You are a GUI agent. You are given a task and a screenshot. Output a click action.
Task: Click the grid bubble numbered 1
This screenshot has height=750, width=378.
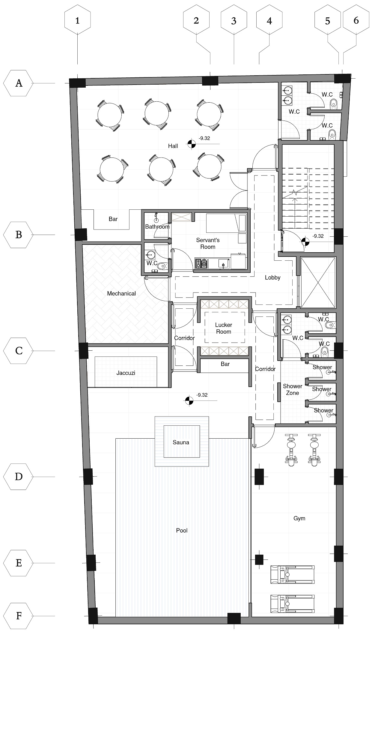point(78,20)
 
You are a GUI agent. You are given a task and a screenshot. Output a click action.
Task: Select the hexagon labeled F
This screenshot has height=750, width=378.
point(19,616)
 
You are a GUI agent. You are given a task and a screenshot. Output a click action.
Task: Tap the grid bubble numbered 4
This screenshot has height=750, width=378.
point(269,20)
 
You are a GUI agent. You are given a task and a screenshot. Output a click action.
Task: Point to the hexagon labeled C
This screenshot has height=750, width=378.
point(19,351)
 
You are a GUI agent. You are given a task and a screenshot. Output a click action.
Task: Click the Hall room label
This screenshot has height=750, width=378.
point(173,146)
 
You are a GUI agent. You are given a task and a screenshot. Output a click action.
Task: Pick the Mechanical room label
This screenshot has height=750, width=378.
point(121,293)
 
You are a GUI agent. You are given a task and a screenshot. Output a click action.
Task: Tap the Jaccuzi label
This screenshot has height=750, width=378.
point(126,373)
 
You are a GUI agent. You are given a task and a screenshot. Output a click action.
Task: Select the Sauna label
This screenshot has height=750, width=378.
point(181,442)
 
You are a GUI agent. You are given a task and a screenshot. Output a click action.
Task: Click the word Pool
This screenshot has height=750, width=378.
point(182,530)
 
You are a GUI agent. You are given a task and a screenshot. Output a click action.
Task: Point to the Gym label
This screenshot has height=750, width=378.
point(299,518)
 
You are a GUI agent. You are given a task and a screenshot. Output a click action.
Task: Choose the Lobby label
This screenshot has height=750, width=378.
point(272,277)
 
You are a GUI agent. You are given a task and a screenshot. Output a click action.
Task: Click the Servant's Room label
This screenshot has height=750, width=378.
point(208,243)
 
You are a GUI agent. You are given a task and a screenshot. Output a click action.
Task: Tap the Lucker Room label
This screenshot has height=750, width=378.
point(224,328)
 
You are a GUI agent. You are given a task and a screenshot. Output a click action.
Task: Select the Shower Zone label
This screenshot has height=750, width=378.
point(293,389)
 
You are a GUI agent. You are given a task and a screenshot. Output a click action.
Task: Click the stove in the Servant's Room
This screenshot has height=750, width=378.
point(201,263)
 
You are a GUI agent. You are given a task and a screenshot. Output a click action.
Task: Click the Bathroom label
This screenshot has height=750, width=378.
point(157,226)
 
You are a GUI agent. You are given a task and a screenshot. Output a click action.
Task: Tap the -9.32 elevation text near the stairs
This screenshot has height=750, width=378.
point(318,236)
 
